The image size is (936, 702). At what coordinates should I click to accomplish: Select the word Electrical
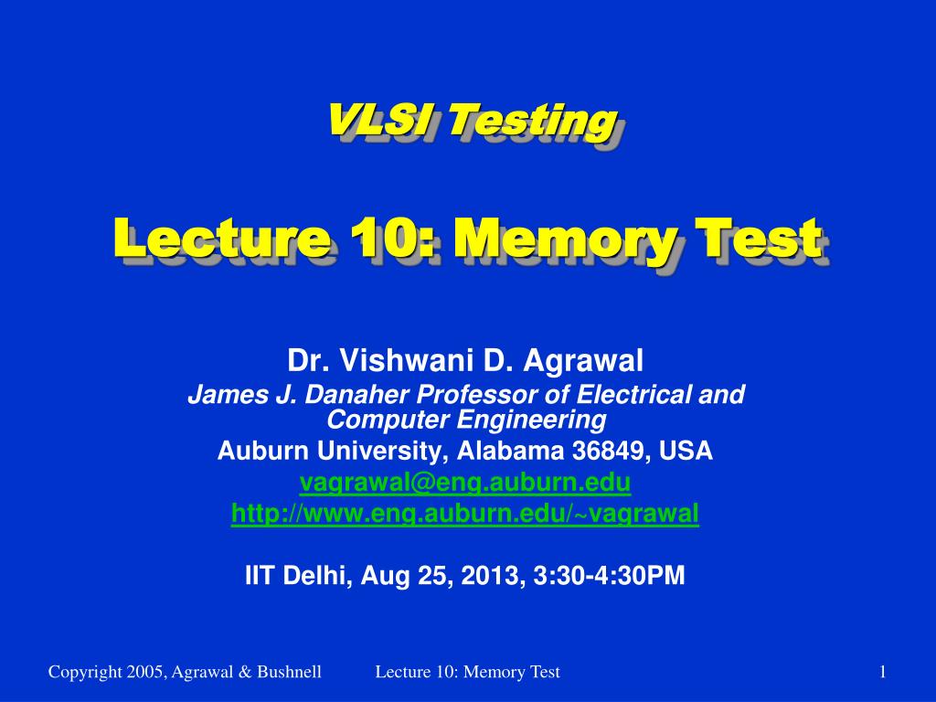pos(625,395)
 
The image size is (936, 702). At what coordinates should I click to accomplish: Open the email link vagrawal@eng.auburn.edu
pos(464,483)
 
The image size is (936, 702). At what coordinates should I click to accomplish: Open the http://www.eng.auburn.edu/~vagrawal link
pos(464,515)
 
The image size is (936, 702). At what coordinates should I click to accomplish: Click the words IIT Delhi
pos(298,575)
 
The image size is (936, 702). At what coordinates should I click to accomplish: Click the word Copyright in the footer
pos(84,673)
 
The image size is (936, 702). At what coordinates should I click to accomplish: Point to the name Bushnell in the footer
pos(289,673)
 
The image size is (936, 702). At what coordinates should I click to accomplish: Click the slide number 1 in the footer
pos(882,673)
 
